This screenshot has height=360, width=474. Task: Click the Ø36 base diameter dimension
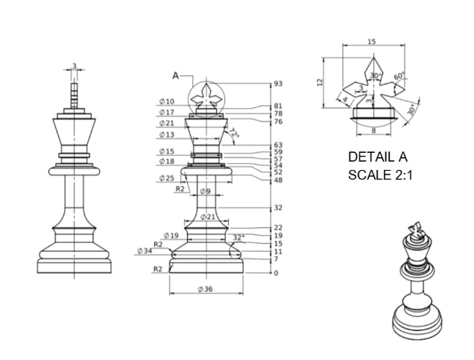point(206,288)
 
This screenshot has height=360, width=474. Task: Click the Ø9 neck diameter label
point(204,192)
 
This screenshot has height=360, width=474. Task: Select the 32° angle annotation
point(238,238)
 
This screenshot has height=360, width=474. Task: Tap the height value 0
point(276,274)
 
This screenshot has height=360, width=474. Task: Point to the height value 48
point(278,180)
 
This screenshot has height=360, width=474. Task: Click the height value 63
point(278,145)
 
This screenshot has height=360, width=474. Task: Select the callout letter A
point(175,75)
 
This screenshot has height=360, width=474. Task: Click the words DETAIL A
point(378,158)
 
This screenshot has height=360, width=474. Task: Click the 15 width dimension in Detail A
point(371,42)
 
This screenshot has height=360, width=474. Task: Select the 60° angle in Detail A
point(399,76)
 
